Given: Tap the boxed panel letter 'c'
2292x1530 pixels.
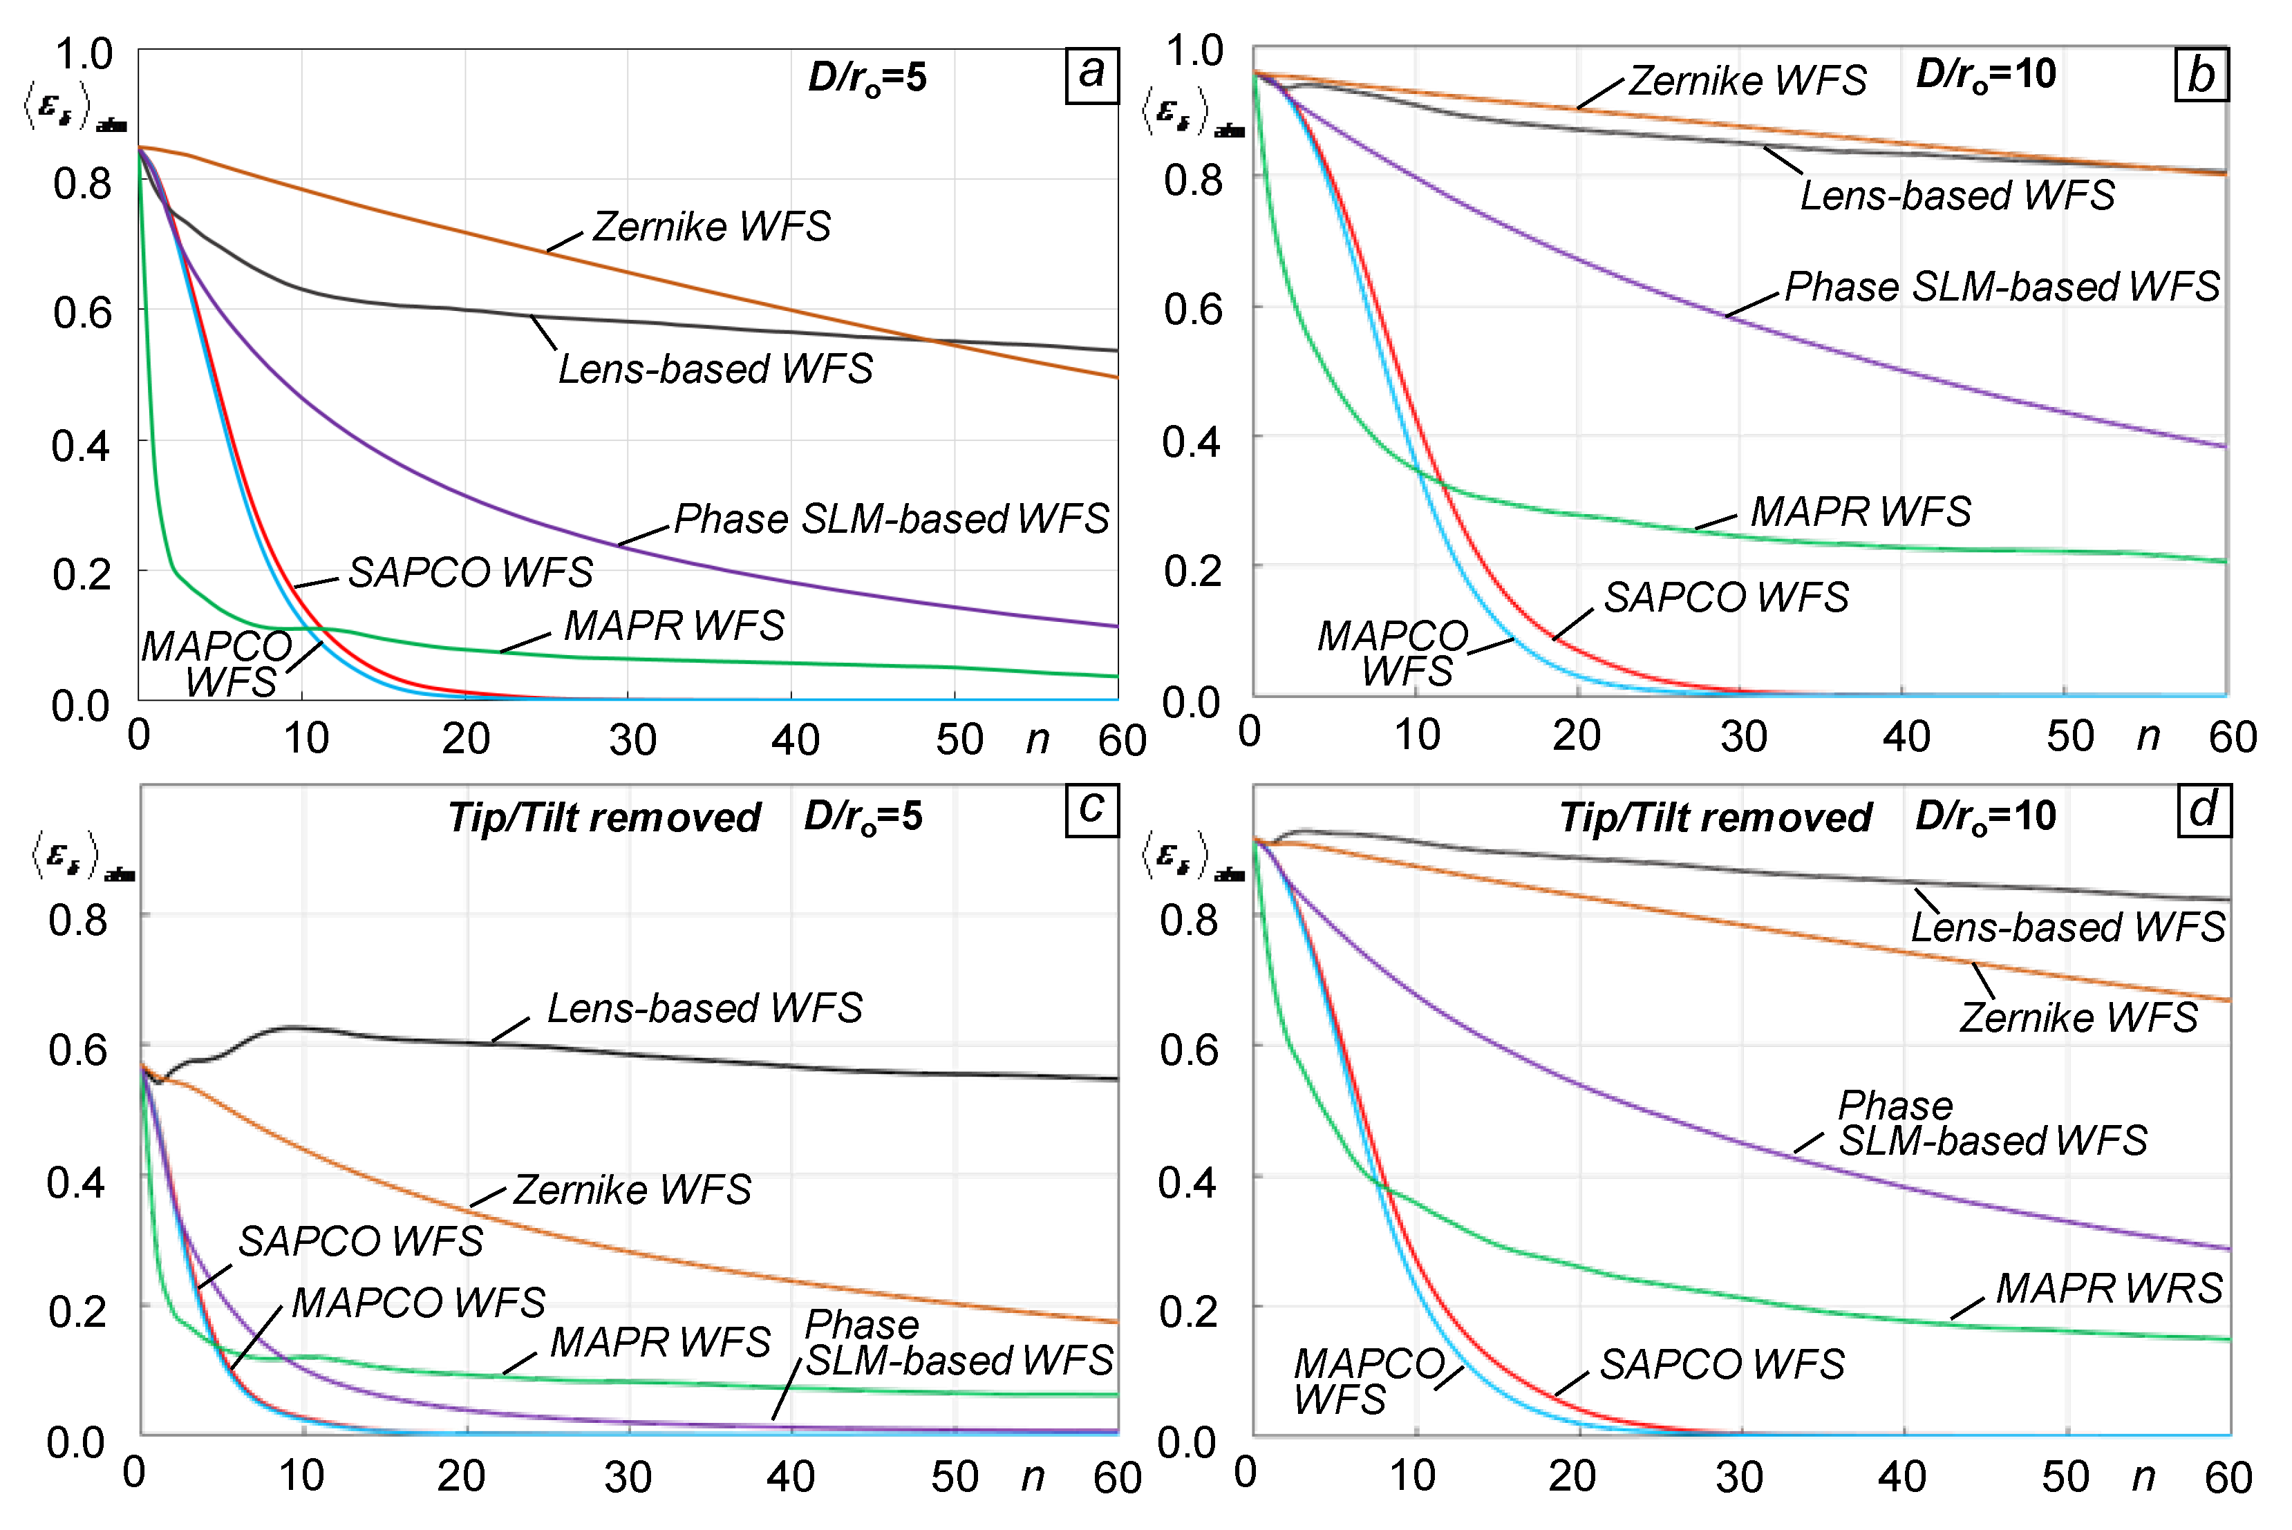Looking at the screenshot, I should [1092, 810].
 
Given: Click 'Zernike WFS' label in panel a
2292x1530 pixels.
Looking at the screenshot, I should [711, 227].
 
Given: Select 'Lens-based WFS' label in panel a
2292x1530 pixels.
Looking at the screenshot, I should [715, 370].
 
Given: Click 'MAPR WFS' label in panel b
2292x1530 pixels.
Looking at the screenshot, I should [1860, 512].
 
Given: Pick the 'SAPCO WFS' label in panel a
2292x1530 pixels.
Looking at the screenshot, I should [470, 573].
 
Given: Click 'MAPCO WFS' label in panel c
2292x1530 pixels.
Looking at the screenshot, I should [419, 1303].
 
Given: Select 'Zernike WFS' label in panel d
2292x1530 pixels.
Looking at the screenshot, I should [2078, 1019].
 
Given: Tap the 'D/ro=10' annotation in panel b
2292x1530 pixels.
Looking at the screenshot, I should [1986, 75].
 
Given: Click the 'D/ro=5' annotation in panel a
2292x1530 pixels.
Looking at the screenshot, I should [867, 78].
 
